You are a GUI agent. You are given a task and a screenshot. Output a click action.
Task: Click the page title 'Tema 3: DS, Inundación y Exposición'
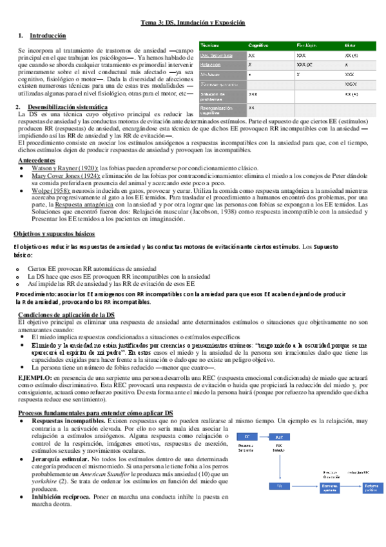[193, 23]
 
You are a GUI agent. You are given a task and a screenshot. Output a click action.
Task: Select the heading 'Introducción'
[48, 36]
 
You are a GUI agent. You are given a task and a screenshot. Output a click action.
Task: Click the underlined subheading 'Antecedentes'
[37, 159]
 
